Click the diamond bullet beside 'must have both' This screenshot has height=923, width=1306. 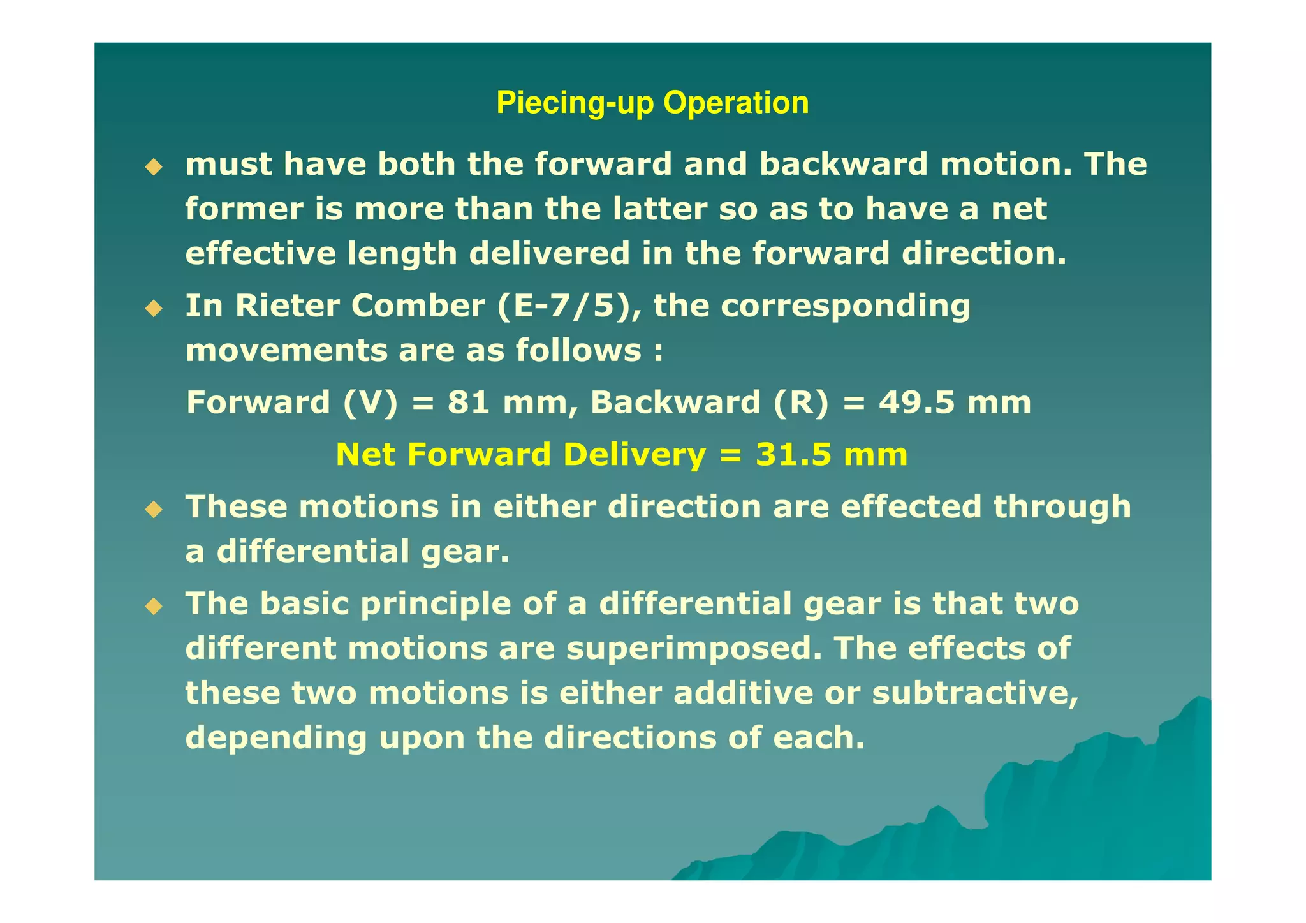[x=154, y=168]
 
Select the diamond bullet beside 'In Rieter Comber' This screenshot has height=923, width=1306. [x=154, y=309]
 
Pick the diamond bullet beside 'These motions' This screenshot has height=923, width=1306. [x=154, y=510]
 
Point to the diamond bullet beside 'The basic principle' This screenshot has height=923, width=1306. [x=154, y=606]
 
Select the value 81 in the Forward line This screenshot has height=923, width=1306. [x=469, y=402]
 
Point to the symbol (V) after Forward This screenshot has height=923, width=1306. [x=370, y=403]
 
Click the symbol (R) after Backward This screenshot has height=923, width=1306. [x=801, y=403]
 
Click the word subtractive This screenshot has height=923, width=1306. [x=975, y=693]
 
